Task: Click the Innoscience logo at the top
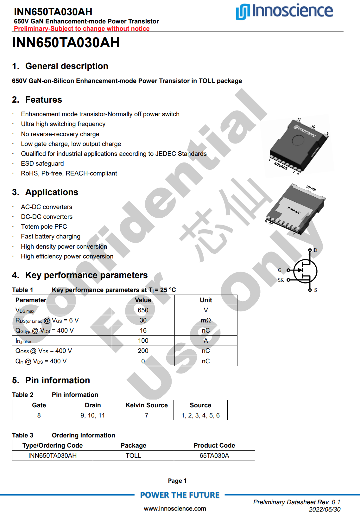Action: pyautogui.click(x=284, y=11)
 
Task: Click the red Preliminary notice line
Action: pyautogui.click(x=82, y=29)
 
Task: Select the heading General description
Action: pyautogui.click(x=66, y=66)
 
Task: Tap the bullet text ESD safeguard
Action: pyautogui.click(x=42, y=164)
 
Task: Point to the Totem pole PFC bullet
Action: pyautogui.click(x=44, y=227)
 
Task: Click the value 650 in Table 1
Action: pyautogui.click(x=143, y=310)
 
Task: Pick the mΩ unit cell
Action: pyautogui.click(x=206, y=321)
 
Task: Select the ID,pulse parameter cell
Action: pyautogui.click(x=23, y=341)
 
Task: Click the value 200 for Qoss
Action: pyautogui.click(x=143, y=351)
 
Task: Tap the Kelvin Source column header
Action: pyautogui.click(x=147, y=405)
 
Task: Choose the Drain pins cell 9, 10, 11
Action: pyautogui.click(x=93, y=416)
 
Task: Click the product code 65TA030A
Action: pyautogui.click(x=214, y=456)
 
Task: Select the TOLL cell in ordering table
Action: pyautogui.click(x=133, y=456)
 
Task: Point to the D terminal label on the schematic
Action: pyautogui.click(x=315, y=250)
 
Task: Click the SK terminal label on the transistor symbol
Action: pyautogui.click(x=281, y=280)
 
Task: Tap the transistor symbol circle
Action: pyautogui.click(x=305, y=271)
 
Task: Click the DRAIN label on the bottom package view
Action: pyautogui.click(x=311, y=188)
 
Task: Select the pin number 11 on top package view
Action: pyautogui.click(x=299, y=119)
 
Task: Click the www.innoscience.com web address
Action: pyautogui.click(x=175, y=509)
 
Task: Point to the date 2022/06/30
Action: pyautogui.click(x=325, y=509)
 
